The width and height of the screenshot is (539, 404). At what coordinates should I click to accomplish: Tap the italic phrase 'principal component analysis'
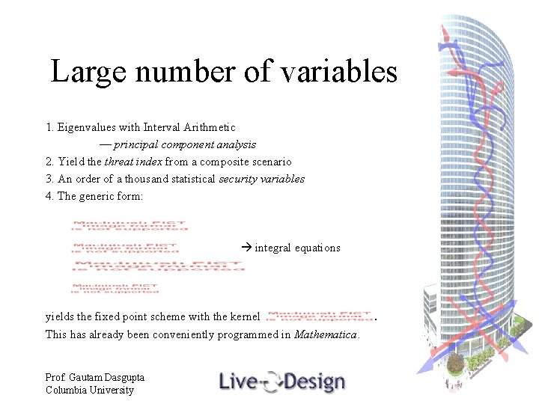(185, 144)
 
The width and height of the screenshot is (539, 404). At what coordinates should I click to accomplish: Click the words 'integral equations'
(297, 248)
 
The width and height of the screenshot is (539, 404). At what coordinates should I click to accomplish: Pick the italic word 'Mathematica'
(326, 334)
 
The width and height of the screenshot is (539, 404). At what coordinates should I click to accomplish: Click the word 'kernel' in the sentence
(245, 316)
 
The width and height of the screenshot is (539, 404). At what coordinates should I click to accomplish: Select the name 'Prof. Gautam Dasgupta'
(94, 378)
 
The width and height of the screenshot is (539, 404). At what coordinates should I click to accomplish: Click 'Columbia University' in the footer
(89, 390)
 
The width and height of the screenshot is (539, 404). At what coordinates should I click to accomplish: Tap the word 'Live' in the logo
(237, 382)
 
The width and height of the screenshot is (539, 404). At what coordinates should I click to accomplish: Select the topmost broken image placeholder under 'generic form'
(130, 225)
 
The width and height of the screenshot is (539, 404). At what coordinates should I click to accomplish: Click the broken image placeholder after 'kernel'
(318, 316)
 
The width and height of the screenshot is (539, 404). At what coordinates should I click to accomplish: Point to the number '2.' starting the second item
(49, 162)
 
